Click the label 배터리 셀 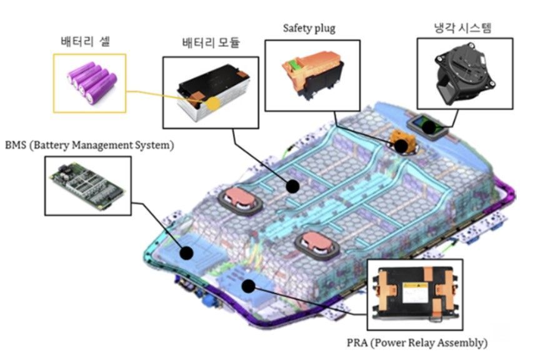(x=85, y=41)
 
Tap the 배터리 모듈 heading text (x=211, y=42)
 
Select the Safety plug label (x=309, y=28)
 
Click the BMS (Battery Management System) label (x=89, y=145)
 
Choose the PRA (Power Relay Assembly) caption (x=417, y=342)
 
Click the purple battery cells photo (x=92, y=82)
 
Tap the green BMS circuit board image (x=87, y=186)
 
